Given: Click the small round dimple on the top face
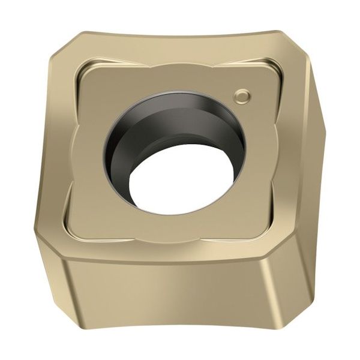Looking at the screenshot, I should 242,95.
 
